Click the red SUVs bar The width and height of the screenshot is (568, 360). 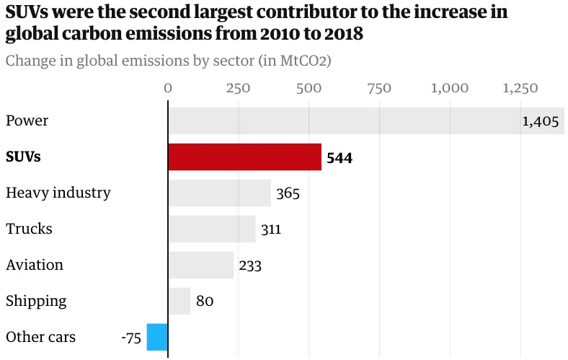[x=244, y=157]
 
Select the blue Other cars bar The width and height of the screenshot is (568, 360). [x=157, y=337]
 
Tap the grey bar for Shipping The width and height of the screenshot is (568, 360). [x=179, y=301]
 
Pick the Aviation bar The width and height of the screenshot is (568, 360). [x=200, y=265]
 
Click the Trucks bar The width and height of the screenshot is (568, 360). [x=212, y=229]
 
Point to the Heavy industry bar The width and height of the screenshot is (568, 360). [x=219, y=193]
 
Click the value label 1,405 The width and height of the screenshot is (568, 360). [x=541, y=121]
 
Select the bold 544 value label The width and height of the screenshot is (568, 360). [x=340, y=157]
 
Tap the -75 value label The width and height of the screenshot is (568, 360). [x=130, y=337]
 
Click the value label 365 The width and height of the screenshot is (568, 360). [x=288, y=193]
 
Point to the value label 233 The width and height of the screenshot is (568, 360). [x=250, y=265]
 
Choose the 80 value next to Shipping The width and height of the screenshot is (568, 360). [x=205, y=302]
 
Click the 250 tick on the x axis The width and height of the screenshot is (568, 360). [x=238, y=88]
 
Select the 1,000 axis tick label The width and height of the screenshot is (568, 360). [x=450, y=88]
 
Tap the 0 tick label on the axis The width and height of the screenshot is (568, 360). [x=168, y=88]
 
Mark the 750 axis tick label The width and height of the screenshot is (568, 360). [x=379, y=88]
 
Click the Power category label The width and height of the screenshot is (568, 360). [x=27, y=120]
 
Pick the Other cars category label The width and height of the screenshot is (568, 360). [x=40, y=337]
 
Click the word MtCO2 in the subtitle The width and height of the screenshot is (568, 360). [x=300, y=61]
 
